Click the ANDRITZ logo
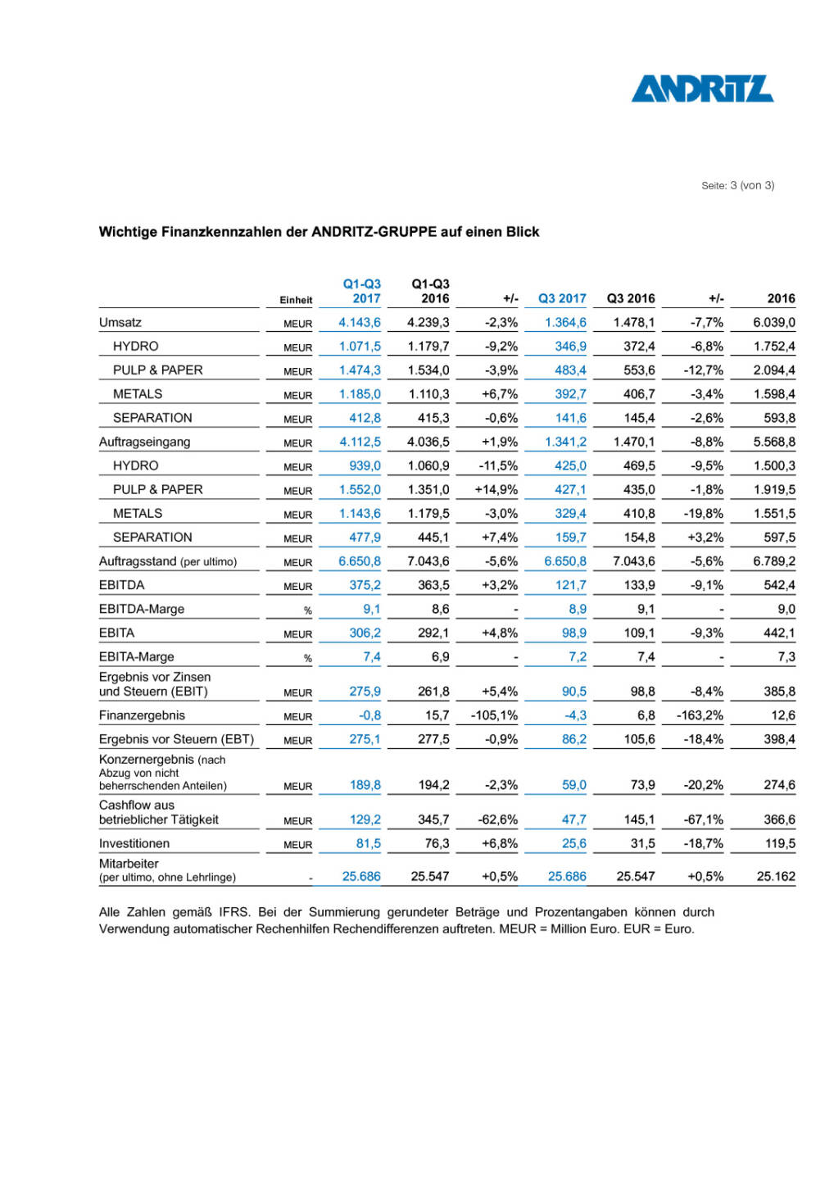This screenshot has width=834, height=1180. tap(701, 88)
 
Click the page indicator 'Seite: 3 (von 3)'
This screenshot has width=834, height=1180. tap(737, 185)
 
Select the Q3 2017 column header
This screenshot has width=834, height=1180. tap(562, 298)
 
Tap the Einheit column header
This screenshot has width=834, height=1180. tap(296, 300)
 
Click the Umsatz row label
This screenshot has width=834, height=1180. tap(120, 322)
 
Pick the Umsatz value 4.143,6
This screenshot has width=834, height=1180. tap(360, 322)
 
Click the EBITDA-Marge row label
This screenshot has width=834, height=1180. tap(142, 609)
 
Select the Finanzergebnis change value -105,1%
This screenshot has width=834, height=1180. tap(494, 715)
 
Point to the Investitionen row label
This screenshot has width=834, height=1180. tap(134, 843)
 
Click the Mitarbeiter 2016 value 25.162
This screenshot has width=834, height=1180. tap(776, 876)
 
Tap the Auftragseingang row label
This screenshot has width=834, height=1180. tap(144, 442)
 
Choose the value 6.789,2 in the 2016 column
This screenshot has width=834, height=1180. tap(774, 561)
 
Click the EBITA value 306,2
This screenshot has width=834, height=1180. tap(365, 633)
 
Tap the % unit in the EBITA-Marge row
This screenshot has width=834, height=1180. tap(308, 658)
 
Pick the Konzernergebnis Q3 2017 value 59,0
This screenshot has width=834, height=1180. tap(574, 785)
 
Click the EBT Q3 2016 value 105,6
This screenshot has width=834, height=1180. tap(639, 739)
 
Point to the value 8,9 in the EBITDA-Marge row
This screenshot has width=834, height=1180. tap(578, 609)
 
